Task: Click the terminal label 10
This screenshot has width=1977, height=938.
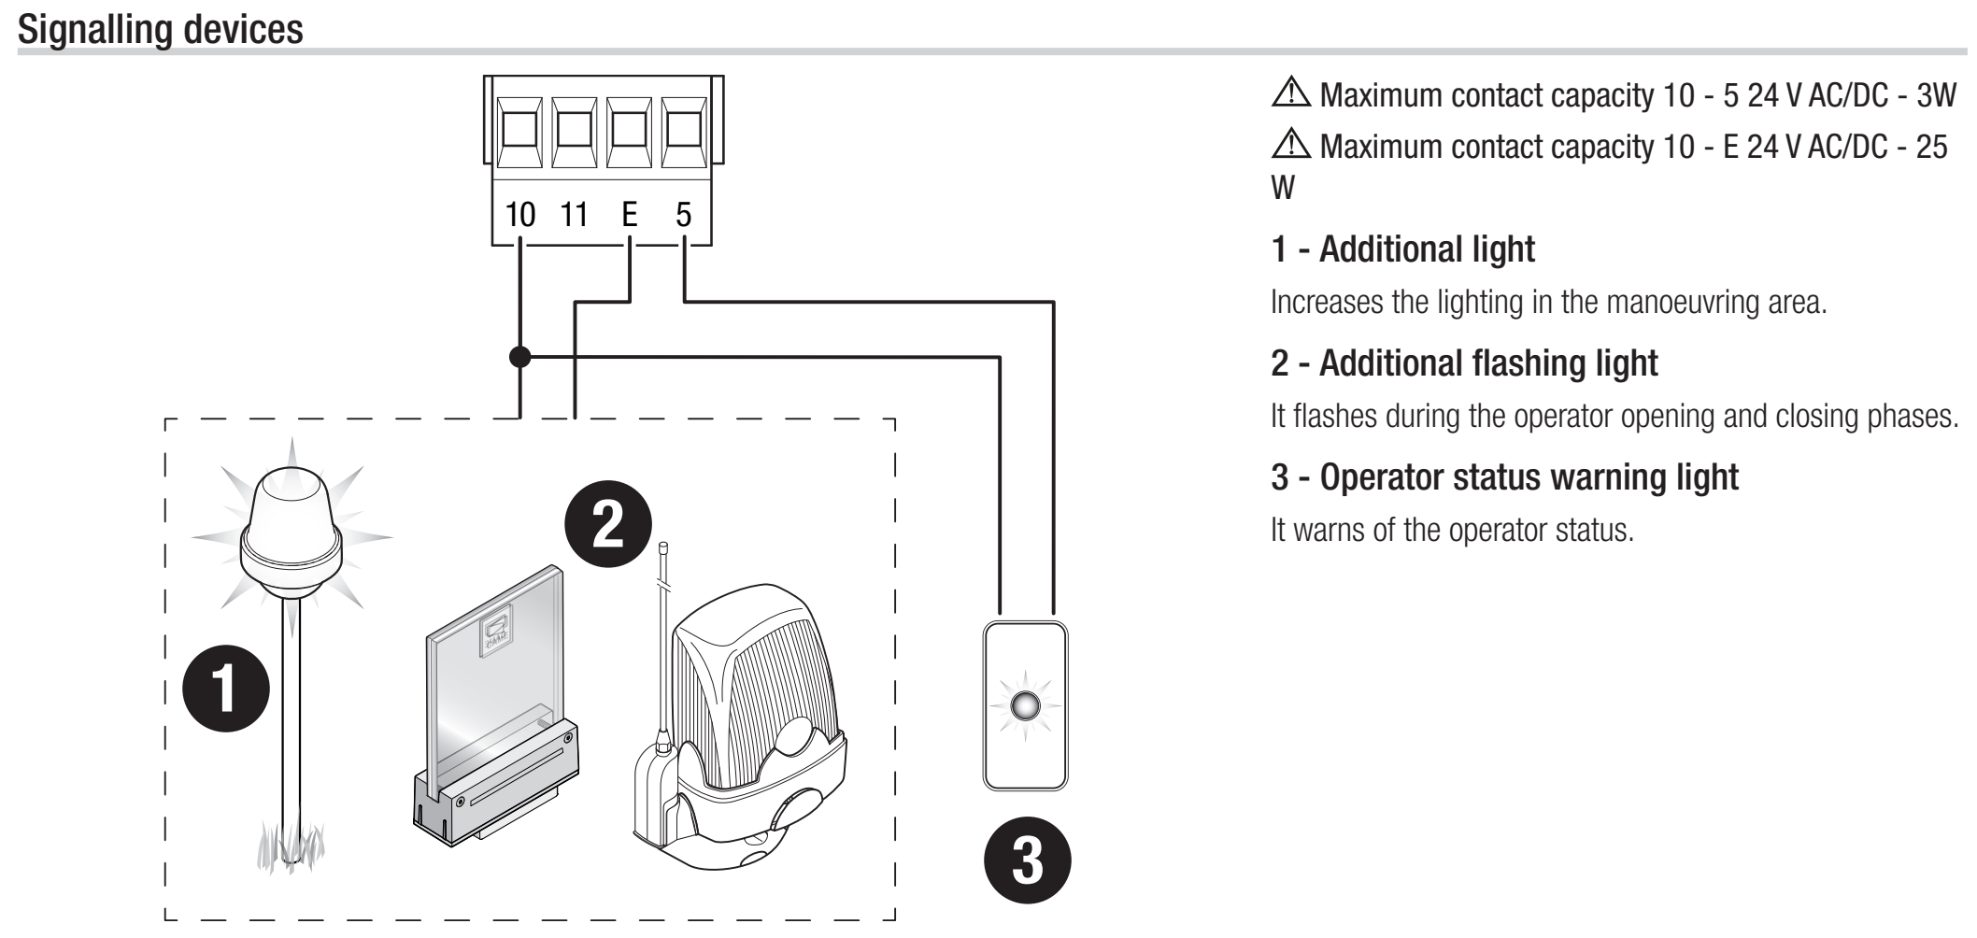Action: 520,215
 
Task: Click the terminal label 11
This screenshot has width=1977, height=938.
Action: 573,215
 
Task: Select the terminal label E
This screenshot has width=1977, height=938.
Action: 630,215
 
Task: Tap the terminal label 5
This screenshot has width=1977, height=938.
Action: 683,215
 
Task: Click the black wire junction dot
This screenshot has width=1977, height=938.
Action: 520,356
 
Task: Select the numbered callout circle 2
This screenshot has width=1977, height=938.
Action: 609,530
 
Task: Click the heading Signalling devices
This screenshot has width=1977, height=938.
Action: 161,29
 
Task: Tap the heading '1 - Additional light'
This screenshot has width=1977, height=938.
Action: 1402,249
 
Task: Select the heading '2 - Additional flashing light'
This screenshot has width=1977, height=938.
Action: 1464,362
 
